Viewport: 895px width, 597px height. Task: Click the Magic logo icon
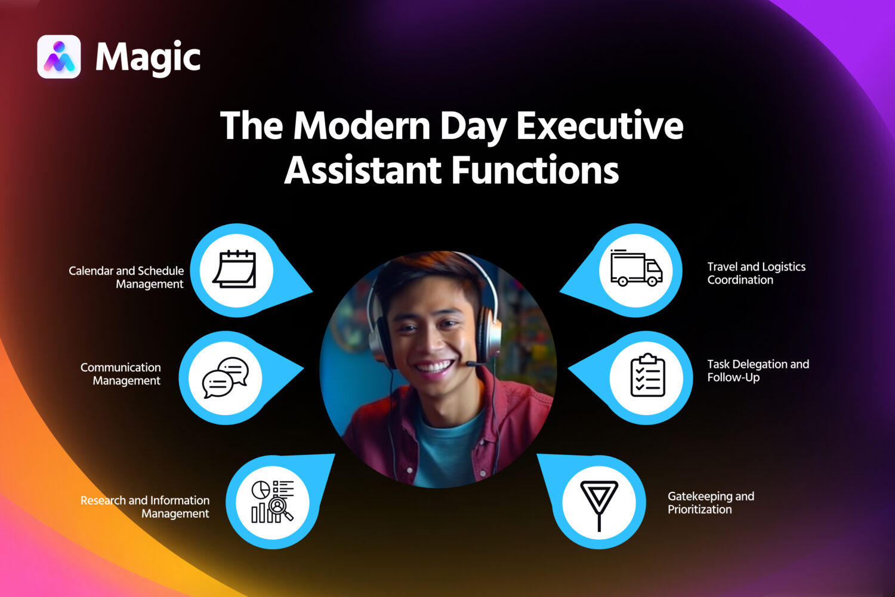click(x=59, y=57)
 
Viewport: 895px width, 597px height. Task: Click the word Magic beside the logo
click(x=148, y=58)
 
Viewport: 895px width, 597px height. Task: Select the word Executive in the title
click(x=600, y=126)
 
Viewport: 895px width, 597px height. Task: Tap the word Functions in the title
click(x=535, y=170)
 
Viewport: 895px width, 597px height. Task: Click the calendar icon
click(x=236, y=270)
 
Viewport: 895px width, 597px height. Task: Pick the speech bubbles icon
click(x=226, y=377)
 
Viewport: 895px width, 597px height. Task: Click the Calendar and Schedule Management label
click(x=126, y=278)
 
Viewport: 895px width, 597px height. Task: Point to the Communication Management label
click(x=121, y=374)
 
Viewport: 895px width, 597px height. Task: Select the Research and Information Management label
click(x=146, y=507)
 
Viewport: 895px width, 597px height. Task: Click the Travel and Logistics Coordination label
click(x=756, y=273)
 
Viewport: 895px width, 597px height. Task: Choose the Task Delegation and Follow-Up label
click(x=758, y=371)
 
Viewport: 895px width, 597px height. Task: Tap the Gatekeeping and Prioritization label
click(x=711, y=503)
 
